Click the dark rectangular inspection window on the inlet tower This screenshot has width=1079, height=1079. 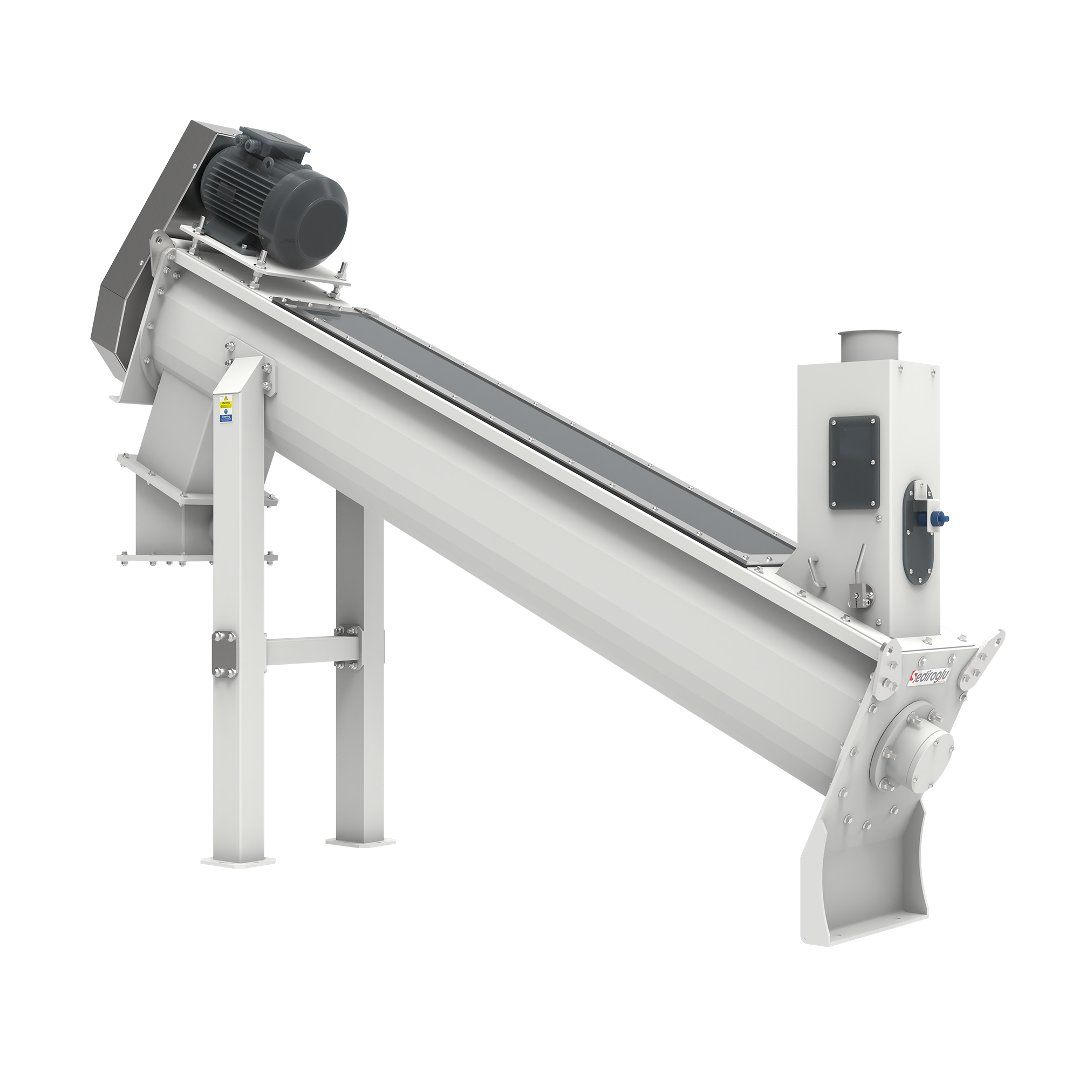(854, 462)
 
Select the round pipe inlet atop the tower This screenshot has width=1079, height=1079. (870, 345)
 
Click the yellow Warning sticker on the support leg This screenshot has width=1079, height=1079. (226, 404)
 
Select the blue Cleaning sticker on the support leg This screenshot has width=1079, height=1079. (226, 416)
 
